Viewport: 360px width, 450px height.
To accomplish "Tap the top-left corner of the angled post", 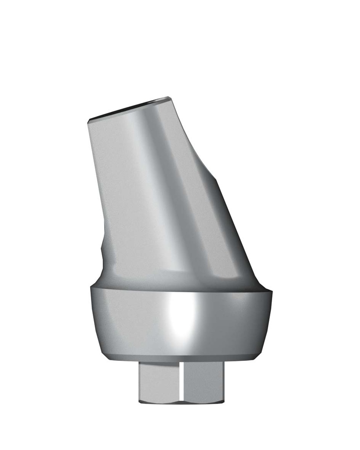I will (x=89, y=120).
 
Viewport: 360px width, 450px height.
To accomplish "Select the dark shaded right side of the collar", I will (x=246, y=321).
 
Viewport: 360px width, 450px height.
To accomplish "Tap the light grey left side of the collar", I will (x=119, y=321).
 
